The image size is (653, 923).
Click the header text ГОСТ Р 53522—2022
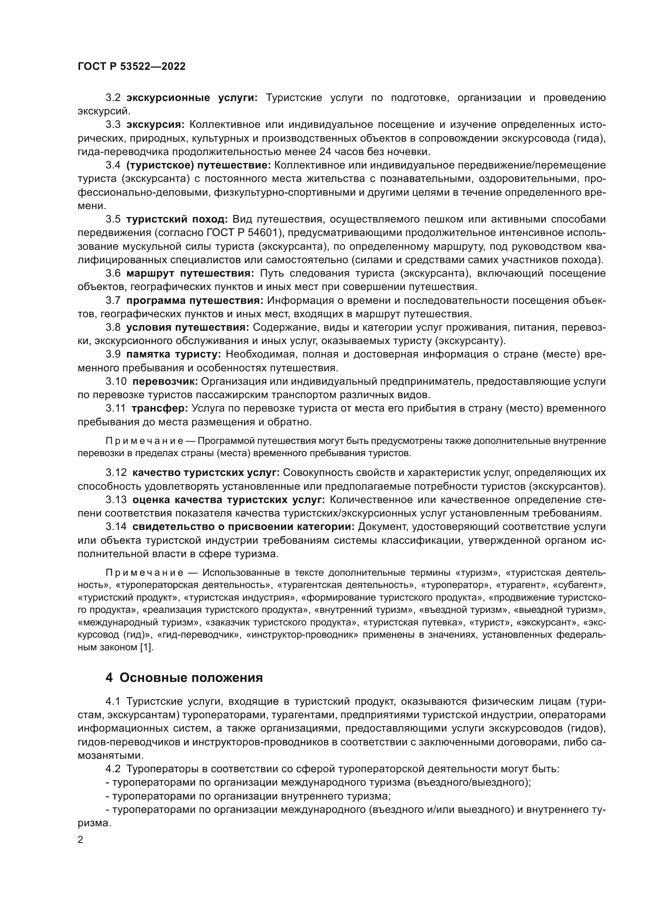click(131, 67)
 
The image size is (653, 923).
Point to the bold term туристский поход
click(177, 219)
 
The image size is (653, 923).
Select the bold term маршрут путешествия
click(190, 273)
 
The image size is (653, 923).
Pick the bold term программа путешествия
click(195, 300)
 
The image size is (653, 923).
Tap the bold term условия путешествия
click(188, 327)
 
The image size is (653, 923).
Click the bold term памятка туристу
click(174, 354)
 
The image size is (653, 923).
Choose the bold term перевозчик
click(165, 381)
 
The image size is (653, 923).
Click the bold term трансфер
click(159, 408)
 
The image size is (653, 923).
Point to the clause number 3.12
click(116, 472)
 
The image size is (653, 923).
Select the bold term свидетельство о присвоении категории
click(243, 527)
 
